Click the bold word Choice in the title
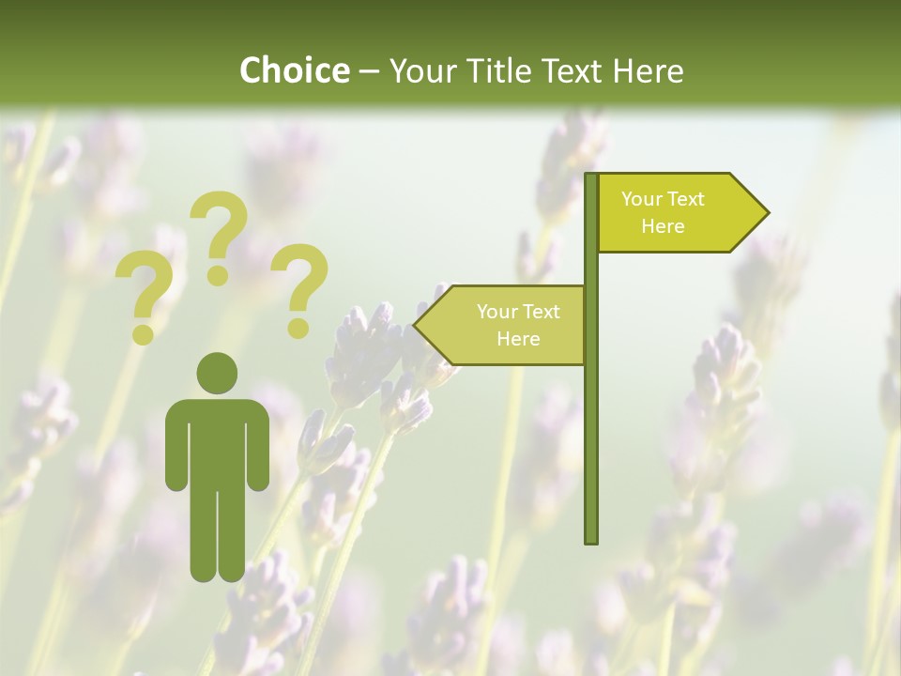pos(295,70)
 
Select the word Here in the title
pos(648,70)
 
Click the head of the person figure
pos(217,373)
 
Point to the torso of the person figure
pos(217,441)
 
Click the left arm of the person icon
pos(176,446)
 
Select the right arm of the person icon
pos(259,446)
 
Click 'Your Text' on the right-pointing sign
pos(663,199)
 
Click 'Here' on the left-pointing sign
pos(518,339)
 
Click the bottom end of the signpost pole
pos(591,539)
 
